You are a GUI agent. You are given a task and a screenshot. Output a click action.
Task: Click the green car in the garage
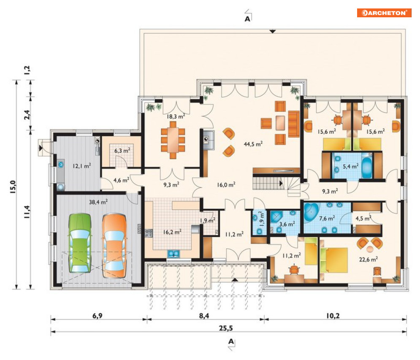point(79,243)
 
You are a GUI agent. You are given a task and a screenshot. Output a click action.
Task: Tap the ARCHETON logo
point(384,13)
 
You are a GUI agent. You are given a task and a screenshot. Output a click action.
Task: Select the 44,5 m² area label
point(253,144)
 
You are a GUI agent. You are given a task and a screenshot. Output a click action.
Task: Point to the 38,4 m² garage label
point(98,202)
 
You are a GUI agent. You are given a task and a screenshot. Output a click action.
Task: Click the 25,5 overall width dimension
point(226,328)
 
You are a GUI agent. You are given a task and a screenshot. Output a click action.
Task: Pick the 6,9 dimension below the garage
point(98,316)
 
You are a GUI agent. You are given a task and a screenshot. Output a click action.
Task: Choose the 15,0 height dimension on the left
point(14,187)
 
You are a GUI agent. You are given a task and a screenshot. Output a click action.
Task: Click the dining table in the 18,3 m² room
point(173,140)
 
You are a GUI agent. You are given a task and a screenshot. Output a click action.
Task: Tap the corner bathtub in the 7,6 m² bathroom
point(312,212)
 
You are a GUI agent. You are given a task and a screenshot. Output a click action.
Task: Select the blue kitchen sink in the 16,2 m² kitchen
point(173,253)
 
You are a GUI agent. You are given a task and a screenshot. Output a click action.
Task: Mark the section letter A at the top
point(247,19)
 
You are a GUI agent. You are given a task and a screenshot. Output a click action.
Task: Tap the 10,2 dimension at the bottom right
point(333,316)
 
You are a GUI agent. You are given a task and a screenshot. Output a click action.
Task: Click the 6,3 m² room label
point(122,151)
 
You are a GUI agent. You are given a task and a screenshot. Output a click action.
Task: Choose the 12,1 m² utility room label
point(82,166)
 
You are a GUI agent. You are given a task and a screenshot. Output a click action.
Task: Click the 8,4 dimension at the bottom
point(204,316)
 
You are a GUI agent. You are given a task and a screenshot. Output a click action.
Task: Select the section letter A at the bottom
point(231,342)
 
